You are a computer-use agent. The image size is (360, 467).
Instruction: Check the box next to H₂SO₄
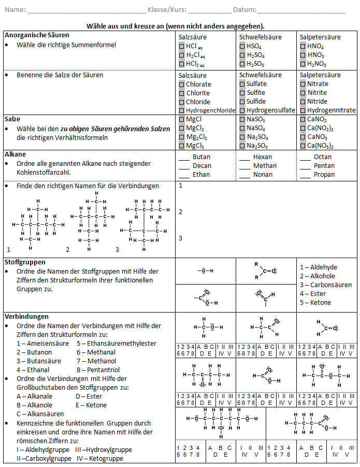click(242, 55)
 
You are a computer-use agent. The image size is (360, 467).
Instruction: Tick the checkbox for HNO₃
click(303, 55)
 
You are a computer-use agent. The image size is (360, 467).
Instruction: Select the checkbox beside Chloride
click(181, 102)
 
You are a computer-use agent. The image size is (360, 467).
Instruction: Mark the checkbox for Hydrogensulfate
click(242, 110)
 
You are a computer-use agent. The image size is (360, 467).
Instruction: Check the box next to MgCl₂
click(181, 129)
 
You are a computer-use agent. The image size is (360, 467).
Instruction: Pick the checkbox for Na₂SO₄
click(242, 137)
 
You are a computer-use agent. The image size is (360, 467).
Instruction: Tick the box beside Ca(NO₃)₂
click(303, 146)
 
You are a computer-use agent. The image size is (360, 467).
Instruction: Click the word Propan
click(324, 175)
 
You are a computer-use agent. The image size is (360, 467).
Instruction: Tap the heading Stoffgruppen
click(24, 262)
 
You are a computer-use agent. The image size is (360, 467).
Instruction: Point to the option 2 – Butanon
click(34, 352)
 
